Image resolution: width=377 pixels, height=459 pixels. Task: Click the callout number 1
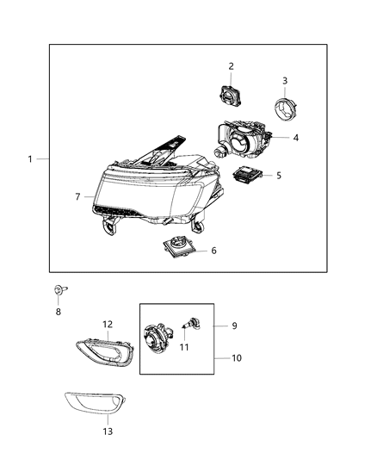(30, 159)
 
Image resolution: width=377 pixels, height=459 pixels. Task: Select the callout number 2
(231, 66)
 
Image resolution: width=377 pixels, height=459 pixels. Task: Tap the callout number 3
(285, 81)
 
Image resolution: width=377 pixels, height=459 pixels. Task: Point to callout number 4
(295, 138)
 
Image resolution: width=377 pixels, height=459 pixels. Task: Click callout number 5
(278, 176)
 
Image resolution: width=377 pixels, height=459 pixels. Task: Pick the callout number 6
(213, 251)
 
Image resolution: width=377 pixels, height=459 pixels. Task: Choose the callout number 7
(78, 197)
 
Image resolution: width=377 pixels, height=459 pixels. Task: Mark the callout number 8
(59, 313)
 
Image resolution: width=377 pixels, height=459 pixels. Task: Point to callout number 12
(108, 325)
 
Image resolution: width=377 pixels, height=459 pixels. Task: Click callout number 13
(107, 431)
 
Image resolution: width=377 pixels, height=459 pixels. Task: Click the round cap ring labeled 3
(283, 110)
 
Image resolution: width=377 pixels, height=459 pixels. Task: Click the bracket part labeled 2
(231, 93)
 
